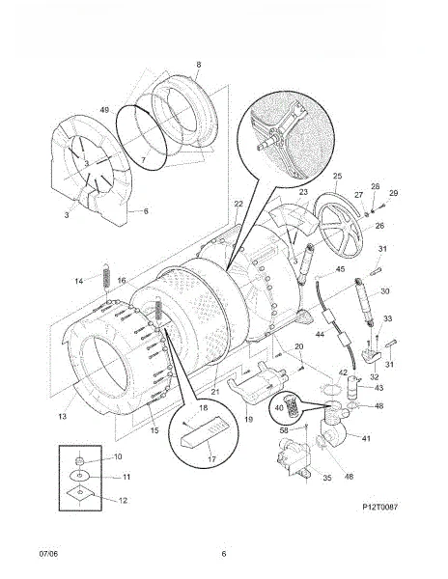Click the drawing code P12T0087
380,507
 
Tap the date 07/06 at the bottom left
48,554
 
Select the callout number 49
104,110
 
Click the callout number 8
199,65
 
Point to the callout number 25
338,176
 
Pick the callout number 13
63,417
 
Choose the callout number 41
366,439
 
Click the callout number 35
327,478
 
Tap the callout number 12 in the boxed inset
123,500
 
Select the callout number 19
248,420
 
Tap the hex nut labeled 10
78,460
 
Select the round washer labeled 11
80,475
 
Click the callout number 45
341,269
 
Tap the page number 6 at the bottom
224,554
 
